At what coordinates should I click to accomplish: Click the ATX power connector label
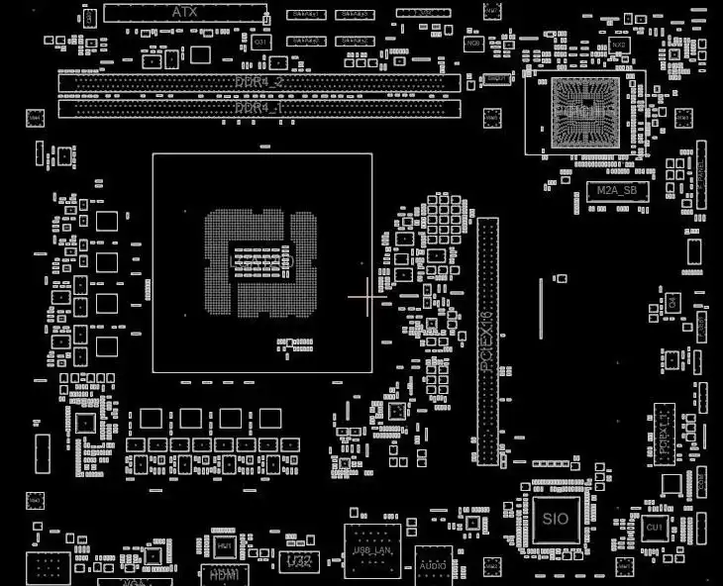[185, 12]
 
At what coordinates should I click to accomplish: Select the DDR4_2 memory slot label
[259, 81]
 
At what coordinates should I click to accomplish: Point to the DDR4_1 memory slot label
[259, 107]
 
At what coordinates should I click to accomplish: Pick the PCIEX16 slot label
[486, 341]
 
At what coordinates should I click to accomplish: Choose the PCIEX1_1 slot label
[664, 436]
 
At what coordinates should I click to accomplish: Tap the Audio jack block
[432, 563]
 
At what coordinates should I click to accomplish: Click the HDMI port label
[225, 572]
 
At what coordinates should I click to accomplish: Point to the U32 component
[298, 561]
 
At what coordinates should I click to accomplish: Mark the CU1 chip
[654, 529]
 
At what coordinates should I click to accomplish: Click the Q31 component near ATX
[261, 43]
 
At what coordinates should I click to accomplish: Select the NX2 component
[619, 45]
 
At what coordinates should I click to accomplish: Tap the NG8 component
[474, 44]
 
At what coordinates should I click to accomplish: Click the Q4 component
[672, 301]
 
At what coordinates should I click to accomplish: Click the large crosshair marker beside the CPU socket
[368, 296]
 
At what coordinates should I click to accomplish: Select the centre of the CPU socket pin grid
[262, 261]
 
